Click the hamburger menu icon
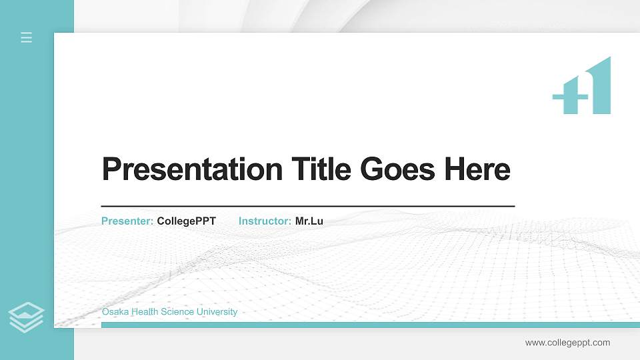point(27,37)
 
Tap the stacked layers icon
point(27,317)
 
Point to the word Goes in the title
point(398,169)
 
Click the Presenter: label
point(127,221)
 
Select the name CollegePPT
point(187,221)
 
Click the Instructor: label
point(265,221)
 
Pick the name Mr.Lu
point(309,221)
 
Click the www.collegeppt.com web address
point(567,343)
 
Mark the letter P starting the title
point(111,169)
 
